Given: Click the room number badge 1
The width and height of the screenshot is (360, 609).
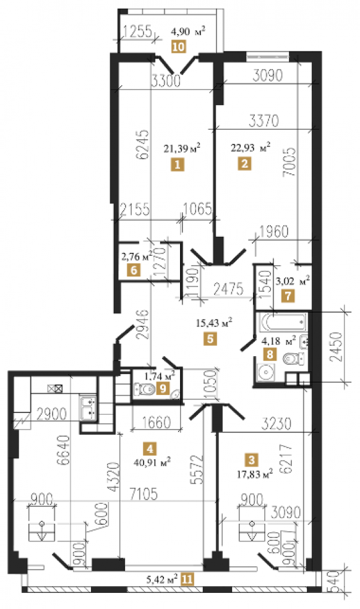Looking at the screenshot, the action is [x=178, y=164].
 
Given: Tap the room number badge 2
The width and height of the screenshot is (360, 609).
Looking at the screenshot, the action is [x=244, y=163].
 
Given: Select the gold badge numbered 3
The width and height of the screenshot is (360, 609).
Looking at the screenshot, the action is [x=252, y=460].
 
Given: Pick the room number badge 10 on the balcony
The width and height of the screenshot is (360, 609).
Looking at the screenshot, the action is [x=179, y=46].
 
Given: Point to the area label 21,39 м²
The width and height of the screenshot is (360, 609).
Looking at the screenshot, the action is [x=182, y=148].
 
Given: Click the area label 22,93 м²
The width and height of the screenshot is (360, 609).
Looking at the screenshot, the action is [x=251, y=147].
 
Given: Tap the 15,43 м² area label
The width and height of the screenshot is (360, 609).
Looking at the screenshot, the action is [x=215, y=322].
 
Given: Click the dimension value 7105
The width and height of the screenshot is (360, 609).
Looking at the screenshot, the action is [x=144, y=495].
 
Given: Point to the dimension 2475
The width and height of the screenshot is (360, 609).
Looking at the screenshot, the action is [x=229, y=289].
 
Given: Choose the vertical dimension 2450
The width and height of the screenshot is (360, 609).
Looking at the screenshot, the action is [x=336, y=347].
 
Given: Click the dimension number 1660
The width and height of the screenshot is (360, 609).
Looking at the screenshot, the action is [x=156, y=422].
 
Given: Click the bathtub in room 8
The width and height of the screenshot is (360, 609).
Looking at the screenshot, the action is [x=283, y=322].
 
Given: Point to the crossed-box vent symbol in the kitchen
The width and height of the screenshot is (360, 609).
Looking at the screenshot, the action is [x=55, y=388].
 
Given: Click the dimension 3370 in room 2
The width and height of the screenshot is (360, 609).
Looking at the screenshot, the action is [x=264, y=121].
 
